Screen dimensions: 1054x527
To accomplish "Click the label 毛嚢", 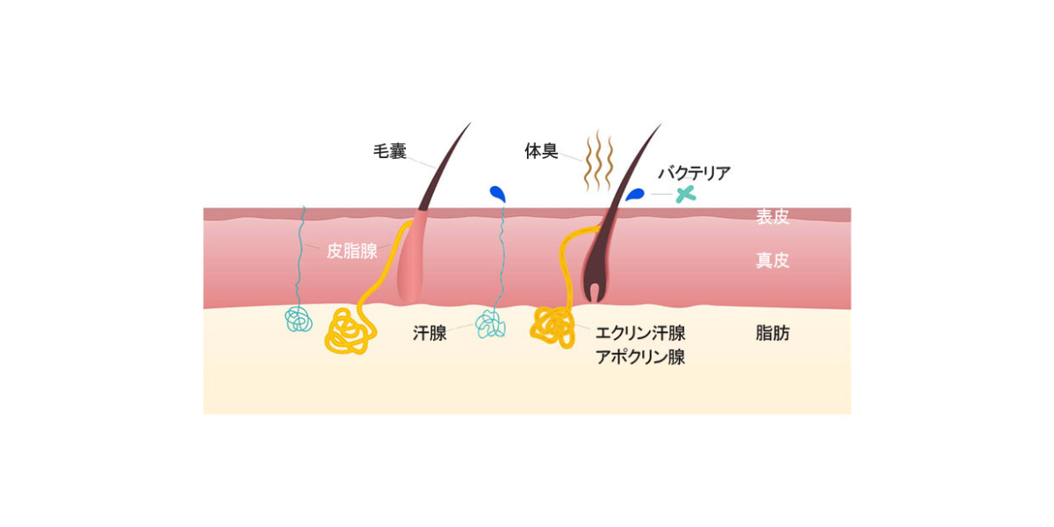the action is tap(390, 151).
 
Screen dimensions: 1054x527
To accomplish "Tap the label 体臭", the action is tap(541, 151).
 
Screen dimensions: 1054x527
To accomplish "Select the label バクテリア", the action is tap(694, 173).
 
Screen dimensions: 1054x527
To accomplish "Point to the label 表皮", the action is tap(773, 217).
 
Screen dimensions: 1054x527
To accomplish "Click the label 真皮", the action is tap(773, 260).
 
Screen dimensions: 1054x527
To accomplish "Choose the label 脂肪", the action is tap(773, 333).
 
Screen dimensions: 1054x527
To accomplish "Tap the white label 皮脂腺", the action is tap(352, 251).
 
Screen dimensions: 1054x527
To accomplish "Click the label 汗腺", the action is tap(430, 333).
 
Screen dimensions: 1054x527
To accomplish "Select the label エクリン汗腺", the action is tap(640, 333).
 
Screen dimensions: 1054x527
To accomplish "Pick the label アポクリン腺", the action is tap(640, 357).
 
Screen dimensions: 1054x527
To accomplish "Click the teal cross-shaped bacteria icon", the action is tap(686, 194).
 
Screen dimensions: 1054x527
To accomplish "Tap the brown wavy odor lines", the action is tap(598, 161).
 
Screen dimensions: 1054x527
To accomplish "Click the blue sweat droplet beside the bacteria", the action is tap(635, 194).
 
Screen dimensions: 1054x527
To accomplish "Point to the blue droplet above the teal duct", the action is tap(498, 193).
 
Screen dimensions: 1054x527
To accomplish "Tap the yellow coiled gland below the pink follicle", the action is tap(350, 331).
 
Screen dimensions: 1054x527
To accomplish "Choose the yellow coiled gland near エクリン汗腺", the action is tap(552, 326).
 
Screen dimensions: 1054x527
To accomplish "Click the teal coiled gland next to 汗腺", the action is tap(490, 324).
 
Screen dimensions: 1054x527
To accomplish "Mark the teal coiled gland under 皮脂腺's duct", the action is tap(299, 319).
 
